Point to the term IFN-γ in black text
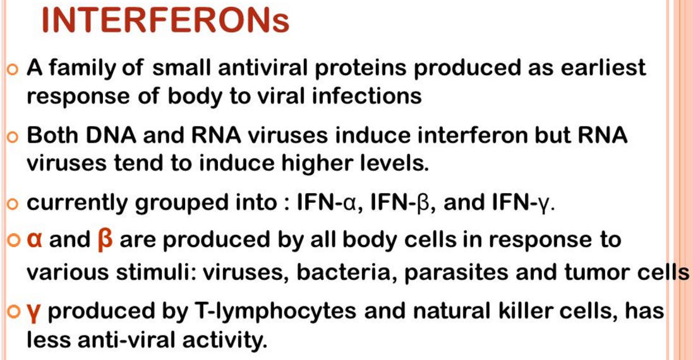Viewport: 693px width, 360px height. [522, 203]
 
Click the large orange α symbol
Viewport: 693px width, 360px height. [34, 240]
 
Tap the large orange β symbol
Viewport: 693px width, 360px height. [105, 241]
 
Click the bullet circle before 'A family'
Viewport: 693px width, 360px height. [13, 70]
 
